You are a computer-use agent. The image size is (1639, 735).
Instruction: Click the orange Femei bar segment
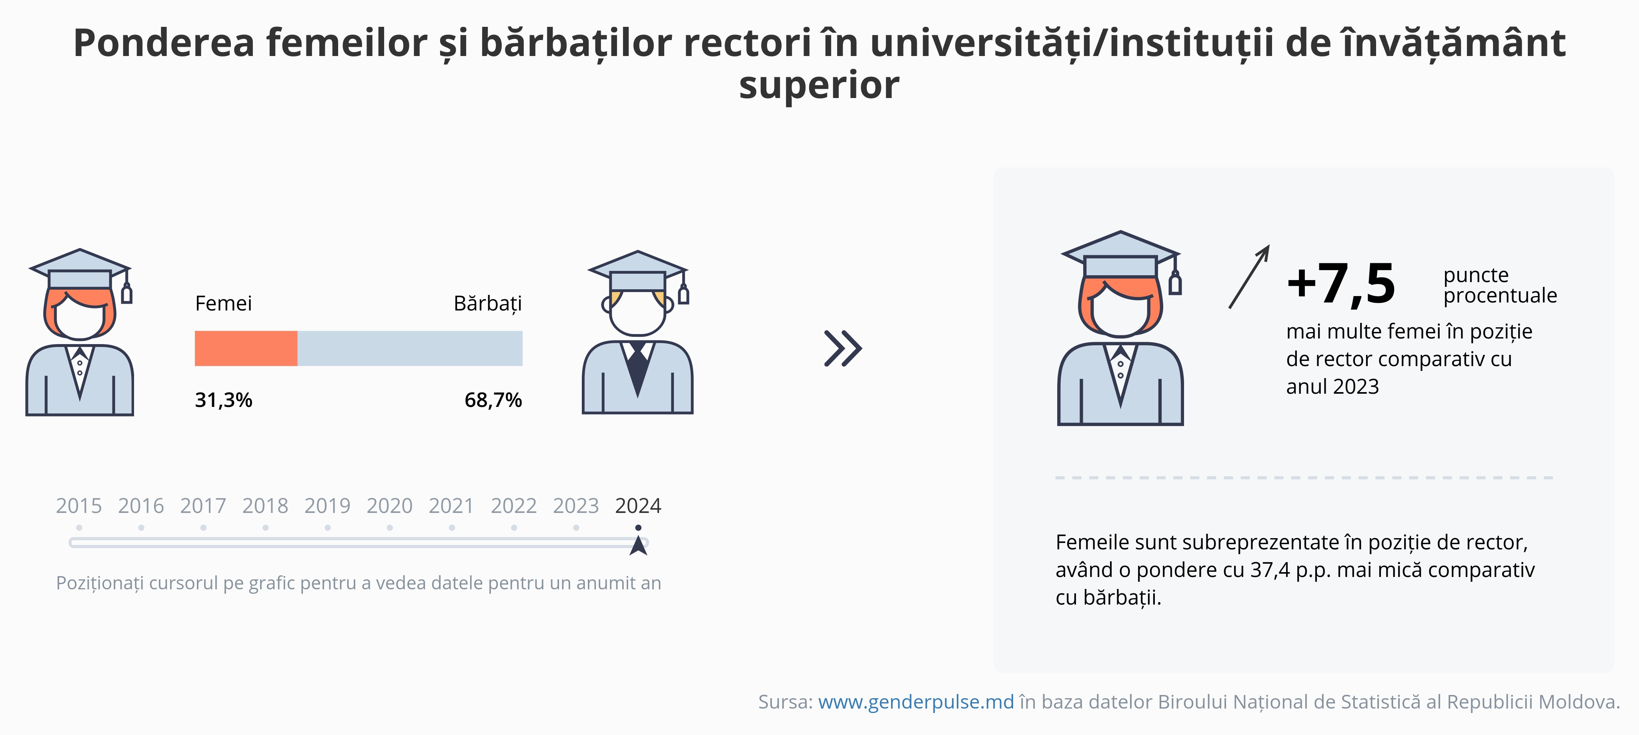[246, 348]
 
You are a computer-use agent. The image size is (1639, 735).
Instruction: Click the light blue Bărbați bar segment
[410, 348]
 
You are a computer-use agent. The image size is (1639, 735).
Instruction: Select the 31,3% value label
[223, 400]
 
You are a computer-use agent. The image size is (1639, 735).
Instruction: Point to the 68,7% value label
[493, 400]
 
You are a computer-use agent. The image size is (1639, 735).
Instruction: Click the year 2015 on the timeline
[79, 506]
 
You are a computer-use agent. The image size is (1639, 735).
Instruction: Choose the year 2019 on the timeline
[327, 506]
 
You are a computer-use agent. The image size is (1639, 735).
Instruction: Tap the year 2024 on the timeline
[638, 506]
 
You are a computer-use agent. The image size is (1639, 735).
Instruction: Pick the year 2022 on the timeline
[513, 506]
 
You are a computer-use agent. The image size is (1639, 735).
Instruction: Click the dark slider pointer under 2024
[638, 545]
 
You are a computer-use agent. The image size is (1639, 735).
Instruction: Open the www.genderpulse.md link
[916, 701]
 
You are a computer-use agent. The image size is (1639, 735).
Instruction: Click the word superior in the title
[819, 85]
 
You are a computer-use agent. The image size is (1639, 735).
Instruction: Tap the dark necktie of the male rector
[637, 369]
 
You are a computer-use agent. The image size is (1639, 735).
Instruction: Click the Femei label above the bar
[223, 304]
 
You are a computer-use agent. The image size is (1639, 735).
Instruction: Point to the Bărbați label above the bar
[487, 304]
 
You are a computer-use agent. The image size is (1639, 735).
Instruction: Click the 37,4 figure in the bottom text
[1270, 570]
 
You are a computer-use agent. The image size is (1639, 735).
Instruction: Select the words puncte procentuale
[1500, 285]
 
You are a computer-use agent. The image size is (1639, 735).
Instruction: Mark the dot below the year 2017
[203, 528]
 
